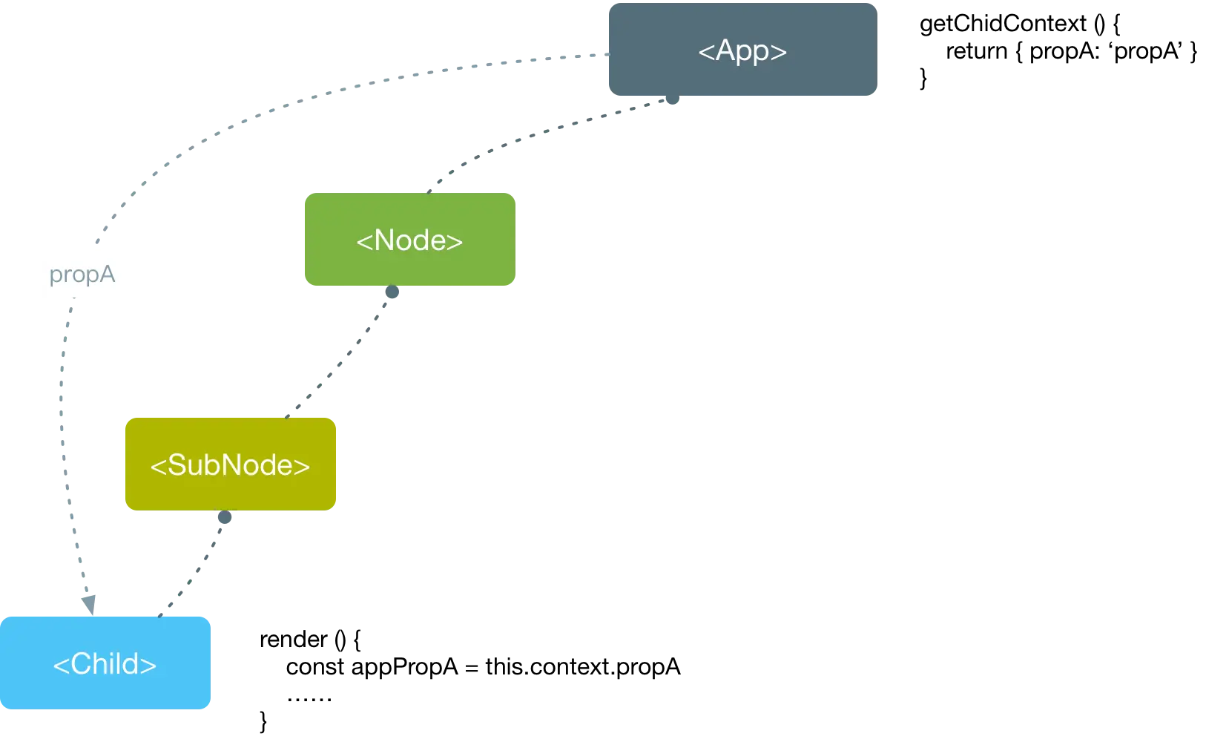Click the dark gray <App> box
[743, 50]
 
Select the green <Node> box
[409, 239]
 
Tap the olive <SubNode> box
[231, 464]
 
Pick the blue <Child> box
[105, 663]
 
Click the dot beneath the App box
[673, 98]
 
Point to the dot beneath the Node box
[392, 292]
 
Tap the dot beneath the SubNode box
[225, 517]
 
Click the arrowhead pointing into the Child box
[89, 605]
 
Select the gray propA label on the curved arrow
[82, 275]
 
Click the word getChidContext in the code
[1003, 24]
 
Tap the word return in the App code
[977, 51]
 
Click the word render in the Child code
[294, 640]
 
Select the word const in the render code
[315, 667]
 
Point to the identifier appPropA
[404, 668]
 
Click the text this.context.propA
[583, 668]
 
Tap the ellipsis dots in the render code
[309, 699]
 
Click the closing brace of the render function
[263, 721]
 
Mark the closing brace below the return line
[923, 79]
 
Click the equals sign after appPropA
[471, 669]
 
